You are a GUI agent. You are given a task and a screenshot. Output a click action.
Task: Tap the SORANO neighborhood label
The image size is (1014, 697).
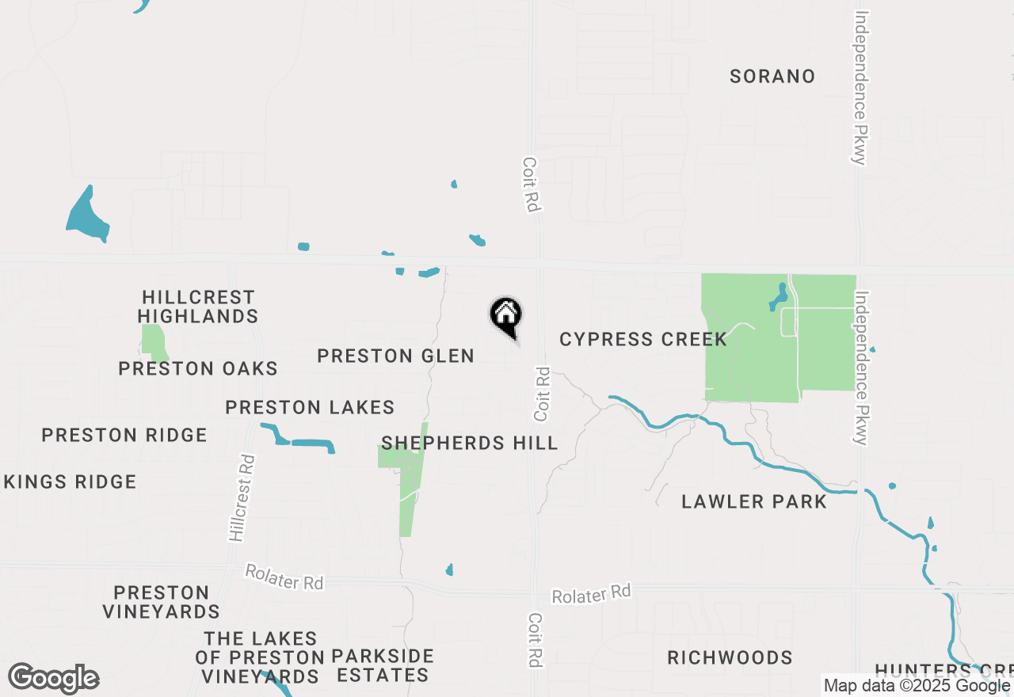pyautogui.click(x=772, y=76)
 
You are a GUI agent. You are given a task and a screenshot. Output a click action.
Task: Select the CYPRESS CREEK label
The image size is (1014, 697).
pyautogui.click(x=642, y=339)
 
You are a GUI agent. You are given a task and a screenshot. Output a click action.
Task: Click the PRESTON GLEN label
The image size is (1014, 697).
pyautogui.click(x=395, y=356)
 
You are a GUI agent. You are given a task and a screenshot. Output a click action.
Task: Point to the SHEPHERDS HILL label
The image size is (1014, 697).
pyautogui.click(x=469, y=443)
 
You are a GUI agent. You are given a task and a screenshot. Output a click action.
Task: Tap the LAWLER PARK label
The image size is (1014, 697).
pyautogui.click(x=753, y=501)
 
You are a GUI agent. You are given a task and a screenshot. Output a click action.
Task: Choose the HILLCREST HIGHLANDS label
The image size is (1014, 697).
pyautogui.click(x=198, y=307)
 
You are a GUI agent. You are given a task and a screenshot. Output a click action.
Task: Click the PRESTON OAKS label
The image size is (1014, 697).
pyautogui.click(x=198, y=368)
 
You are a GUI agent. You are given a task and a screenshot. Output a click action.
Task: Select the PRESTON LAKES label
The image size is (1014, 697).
pyautogui.click(x=310, y=408)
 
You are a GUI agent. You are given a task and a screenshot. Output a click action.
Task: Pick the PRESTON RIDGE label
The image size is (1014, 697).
pyautogui.click(x=124, y=435)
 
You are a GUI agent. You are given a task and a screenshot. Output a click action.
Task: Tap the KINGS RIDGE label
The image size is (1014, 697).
pyautogui.click(x=70, y=482)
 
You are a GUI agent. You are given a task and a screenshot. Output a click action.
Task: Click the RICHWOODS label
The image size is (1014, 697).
pyautogui.click(x=729, y=657)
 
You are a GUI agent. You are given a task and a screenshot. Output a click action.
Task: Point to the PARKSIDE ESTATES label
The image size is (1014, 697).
pyautogui.click(x=383, y=666)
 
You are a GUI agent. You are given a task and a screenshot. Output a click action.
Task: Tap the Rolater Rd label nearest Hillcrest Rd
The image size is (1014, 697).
pyautogui.click(x=284, y=577)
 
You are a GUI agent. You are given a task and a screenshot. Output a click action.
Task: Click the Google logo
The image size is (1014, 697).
pyautogui.click(x=53, y=679)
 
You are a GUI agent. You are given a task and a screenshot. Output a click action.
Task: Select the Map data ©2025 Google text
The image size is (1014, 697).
pyautogui.click(x=917, y=686)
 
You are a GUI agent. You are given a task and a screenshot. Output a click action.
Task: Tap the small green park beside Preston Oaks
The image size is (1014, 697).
pyautogui.click(x=154, y=341)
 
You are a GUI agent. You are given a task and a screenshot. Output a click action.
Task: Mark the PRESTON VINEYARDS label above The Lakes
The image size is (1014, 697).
pyautogui.click(x=161, y=602)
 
